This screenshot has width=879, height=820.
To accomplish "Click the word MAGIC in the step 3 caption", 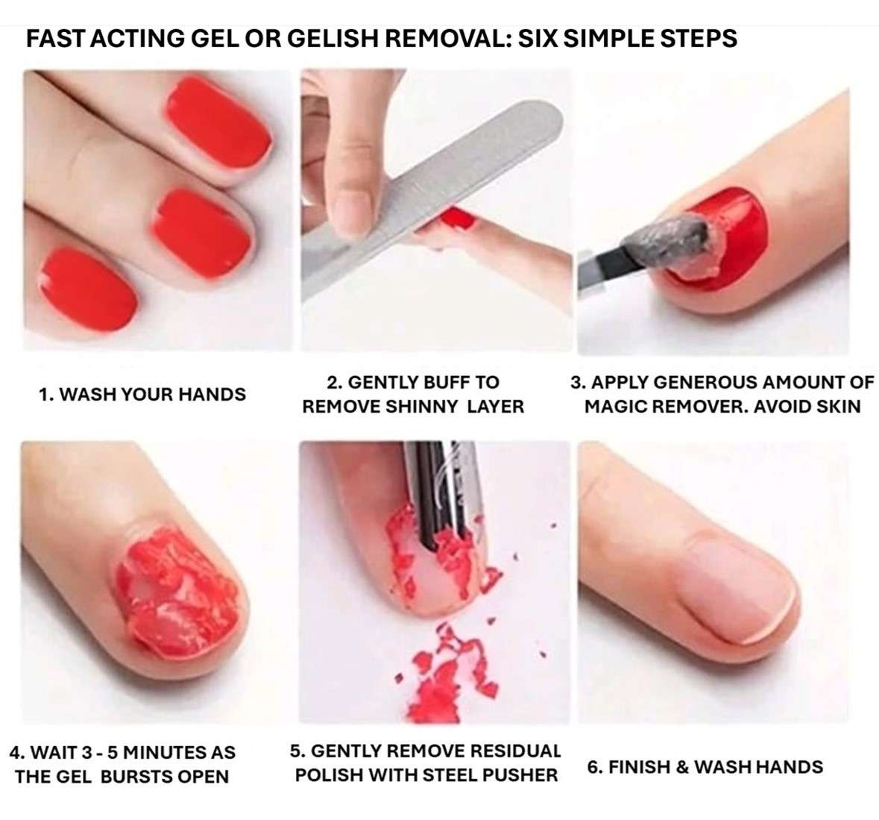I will point(616,407).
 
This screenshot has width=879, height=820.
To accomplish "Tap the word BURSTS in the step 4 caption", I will point(134,776).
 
